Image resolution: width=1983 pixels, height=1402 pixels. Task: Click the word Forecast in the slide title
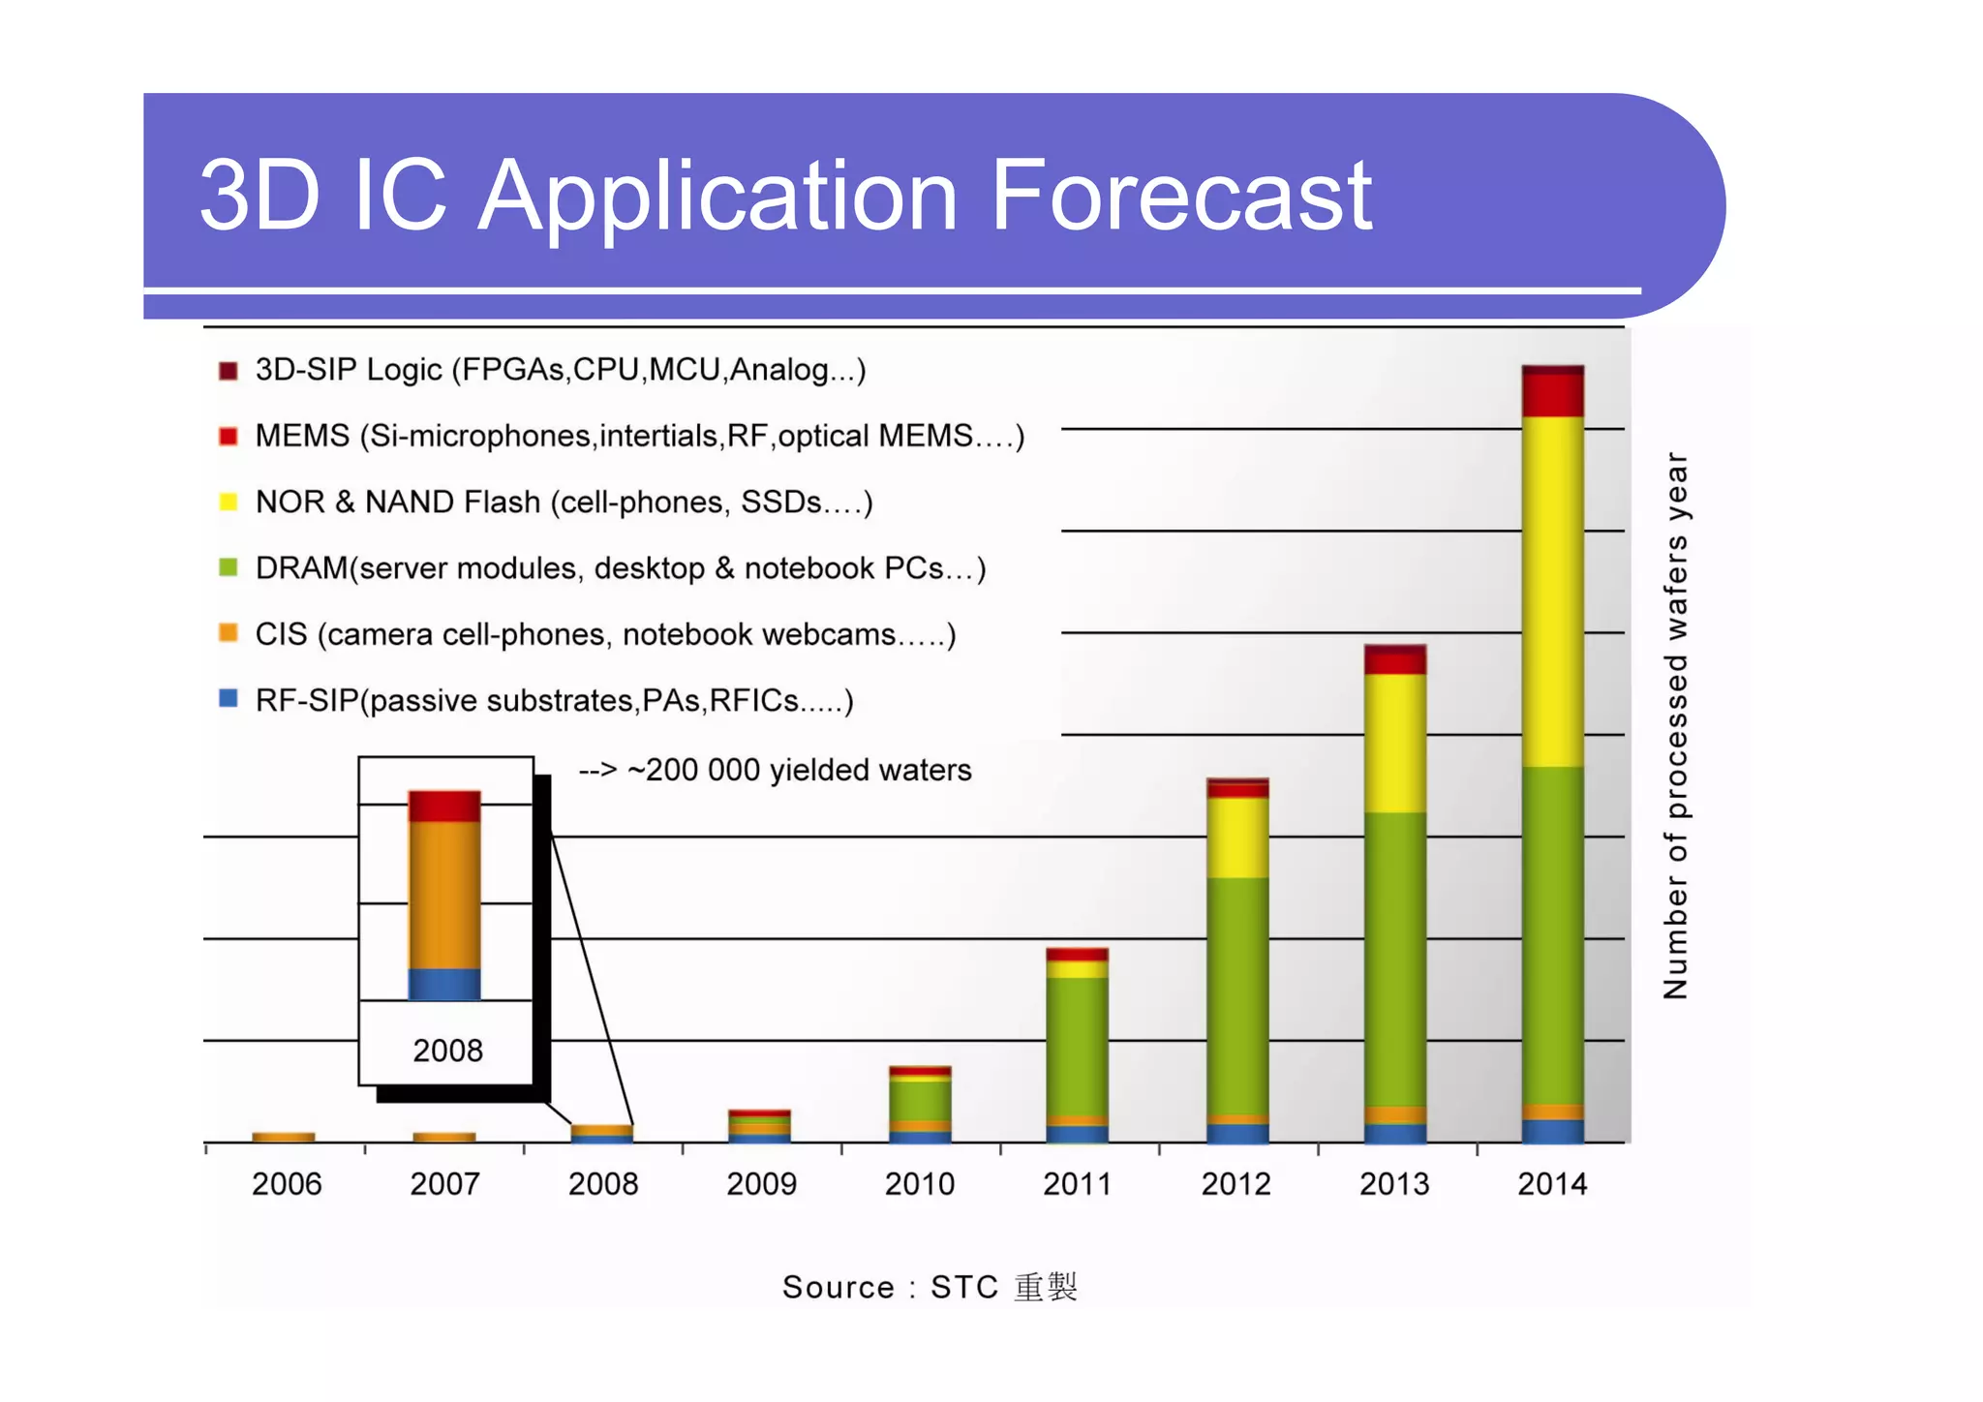point(1180,197)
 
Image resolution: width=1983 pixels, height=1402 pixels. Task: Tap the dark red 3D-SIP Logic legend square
point(229,371)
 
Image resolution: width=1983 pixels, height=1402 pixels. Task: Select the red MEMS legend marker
point(229,437)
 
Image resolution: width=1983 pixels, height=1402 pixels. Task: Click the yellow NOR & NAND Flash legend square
point(229,503)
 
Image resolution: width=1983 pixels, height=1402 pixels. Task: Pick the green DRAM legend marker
point(229,568)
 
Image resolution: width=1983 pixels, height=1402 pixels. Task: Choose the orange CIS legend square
point(229,634)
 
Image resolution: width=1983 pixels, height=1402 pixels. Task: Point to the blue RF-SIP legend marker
point(229,699)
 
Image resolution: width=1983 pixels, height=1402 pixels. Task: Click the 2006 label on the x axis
point(287,1184)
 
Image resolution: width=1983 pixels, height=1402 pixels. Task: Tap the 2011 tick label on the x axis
point(1078,1184)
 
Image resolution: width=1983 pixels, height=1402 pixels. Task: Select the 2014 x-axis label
point(1552,1184)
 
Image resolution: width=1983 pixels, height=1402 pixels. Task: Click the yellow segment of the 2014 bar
point(1552,591)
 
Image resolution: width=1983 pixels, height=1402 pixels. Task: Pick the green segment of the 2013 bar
point(1394,959)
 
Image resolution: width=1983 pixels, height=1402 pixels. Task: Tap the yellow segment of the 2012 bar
point(1236,838)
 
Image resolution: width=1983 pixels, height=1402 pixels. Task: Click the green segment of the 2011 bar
point(1077,1046)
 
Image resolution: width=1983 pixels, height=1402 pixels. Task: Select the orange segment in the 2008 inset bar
point(444,896)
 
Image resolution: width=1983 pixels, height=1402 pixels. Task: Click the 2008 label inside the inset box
point(447,1051)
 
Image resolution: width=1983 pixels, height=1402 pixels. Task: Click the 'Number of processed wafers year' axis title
point(1676,726)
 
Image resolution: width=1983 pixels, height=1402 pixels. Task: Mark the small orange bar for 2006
point(284,1137)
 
